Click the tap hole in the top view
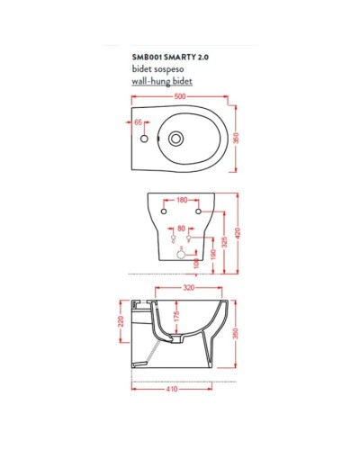(x=144, y=140)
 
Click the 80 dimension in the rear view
(x=181, y=228)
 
